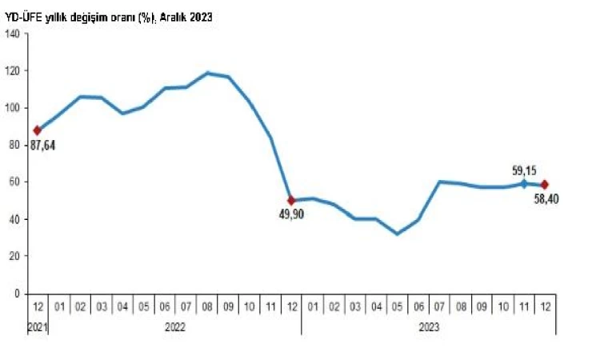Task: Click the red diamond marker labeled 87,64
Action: (37, 130)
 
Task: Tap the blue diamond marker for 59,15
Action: (523, 183)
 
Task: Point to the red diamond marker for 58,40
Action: (545, 185)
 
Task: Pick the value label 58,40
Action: (546, 198)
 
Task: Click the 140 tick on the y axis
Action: (12, 33)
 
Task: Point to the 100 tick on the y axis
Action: (12, 107)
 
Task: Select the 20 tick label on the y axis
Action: (14, 256)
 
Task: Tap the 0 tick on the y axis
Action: (17, 294)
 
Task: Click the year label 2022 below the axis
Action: (175, 326)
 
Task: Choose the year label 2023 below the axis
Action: (428, 326)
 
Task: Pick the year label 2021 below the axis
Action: (37, 326)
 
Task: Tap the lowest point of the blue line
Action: (396, 234)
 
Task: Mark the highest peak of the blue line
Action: (208, 73)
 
